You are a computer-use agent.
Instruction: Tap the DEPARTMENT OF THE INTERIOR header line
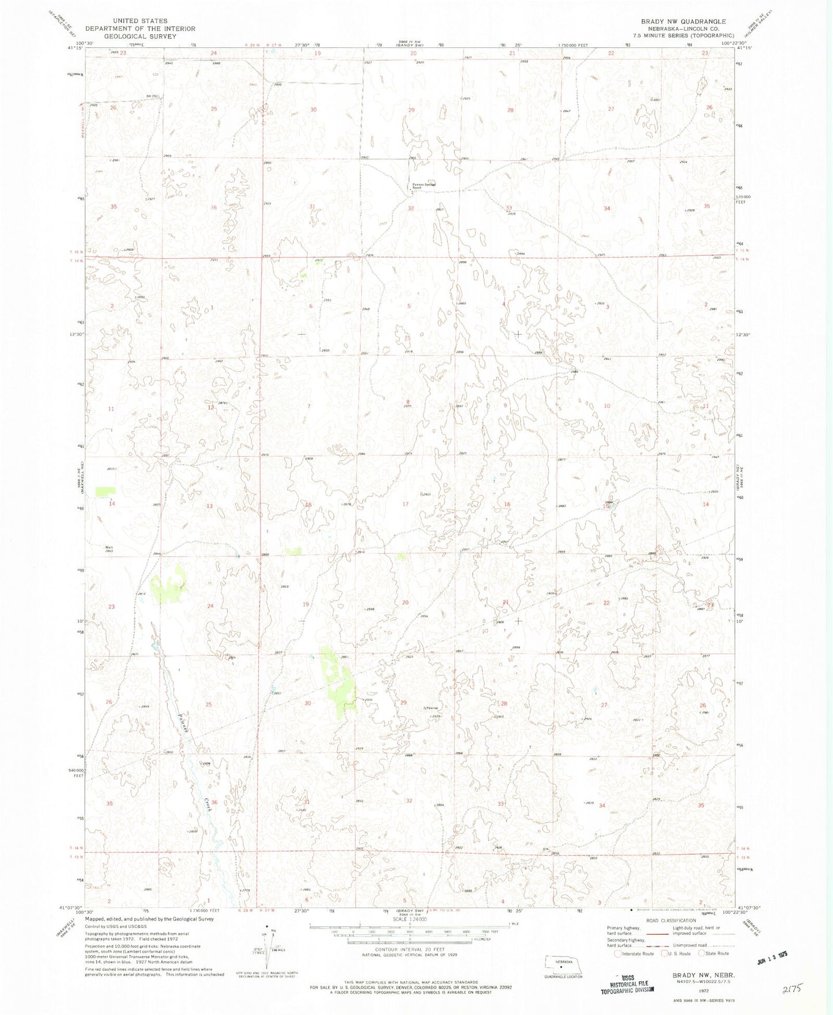[x=140, y=28]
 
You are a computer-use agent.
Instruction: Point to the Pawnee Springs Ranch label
[x=423, y=186]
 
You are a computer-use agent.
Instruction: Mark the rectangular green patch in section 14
[x=105, y=491]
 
